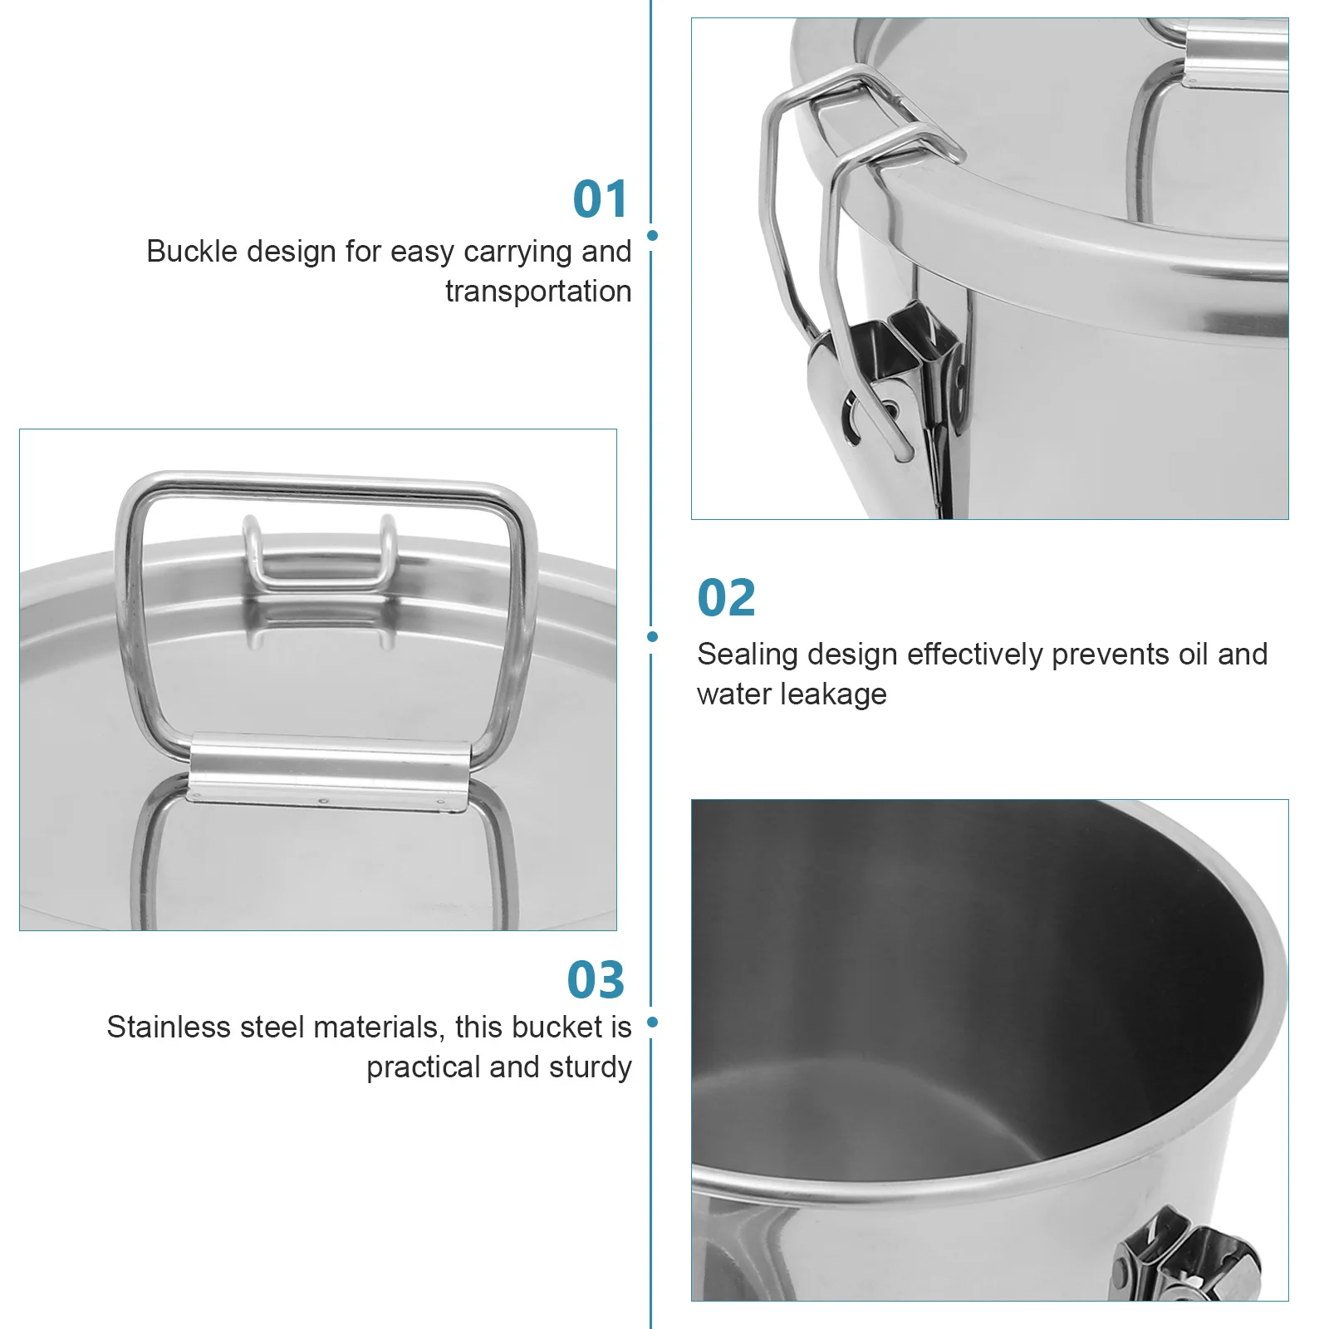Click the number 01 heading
click(601, 200)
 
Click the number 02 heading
click(727, 598)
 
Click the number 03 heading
click(596, 980)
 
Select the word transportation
click(538, 292)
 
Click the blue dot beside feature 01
click(652, 236)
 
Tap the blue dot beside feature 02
click(652, 637)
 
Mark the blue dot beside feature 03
click(652, 1022)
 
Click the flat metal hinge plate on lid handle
click(329, 772)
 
